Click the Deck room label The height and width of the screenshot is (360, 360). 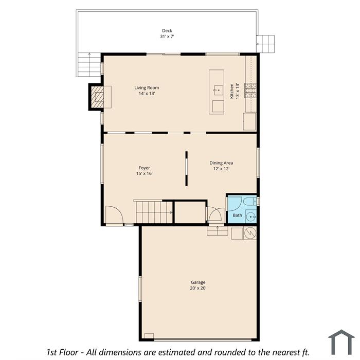point(167,30)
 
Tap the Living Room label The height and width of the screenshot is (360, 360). point(147,88)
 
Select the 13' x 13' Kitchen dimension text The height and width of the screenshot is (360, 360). point(238,91)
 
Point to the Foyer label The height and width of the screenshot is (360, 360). point(144,168)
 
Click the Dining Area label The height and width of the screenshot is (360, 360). point(221,163)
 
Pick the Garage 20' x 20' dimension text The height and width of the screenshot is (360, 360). point(198,288)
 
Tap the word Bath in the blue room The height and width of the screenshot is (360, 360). point(237,215)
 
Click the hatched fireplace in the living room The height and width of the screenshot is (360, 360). point(97,97)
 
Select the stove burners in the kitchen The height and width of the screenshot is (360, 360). point(250,90)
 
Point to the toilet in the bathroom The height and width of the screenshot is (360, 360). point(250,202)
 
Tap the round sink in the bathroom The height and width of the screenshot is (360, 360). point(251,217)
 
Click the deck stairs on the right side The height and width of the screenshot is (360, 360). point(265,44)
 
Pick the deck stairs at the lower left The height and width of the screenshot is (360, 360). point(89,64)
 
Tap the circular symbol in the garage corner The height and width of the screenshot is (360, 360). point(250,233)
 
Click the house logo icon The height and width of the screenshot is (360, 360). point(341,342)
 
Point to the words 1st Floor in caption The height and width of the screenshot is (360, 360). point(62,352)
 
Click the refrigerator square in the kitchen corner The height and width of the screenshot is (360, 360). point(249,121)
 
